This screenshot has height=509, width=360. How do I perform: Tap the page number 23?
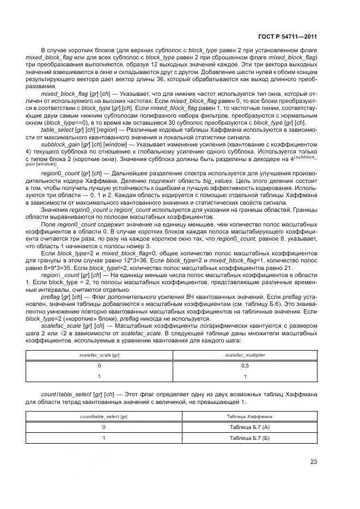(x=314, y=462)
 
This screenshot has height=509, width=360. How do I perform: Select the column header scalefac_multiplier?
(x=245, y=355)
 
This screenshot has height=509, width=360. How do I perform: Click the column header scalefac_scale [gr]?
(x=99, y=355)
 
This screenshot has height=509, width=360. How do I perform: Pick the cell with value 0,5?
(x=245, y=366)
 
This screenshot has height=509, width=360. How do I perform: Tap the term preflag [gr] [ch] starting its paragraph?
(x=68, y=297)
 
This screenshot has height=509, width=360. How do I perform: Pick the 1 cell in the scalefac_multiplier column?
(x=245, y=376)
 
